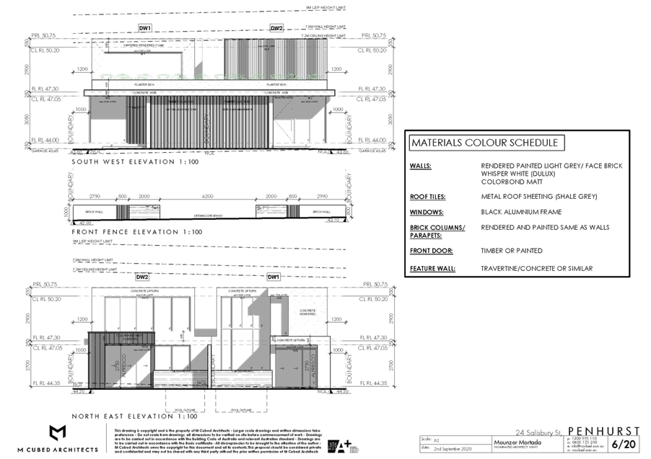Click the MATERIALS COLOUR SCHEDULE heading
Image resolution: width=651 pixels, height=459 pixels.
486,143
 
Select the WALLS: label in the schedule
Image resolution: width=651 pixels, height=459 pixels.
421,166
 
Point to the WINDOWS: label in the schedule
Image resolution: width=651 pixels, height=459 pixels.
427,213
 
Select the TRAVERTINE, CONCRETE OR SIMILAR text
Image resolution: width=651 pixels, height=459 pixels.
537,269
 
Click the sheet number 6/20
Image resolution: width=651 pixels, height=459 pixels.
621,443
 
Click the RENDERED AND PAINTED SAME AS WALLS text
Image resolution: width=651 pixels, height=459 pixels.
546,227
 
